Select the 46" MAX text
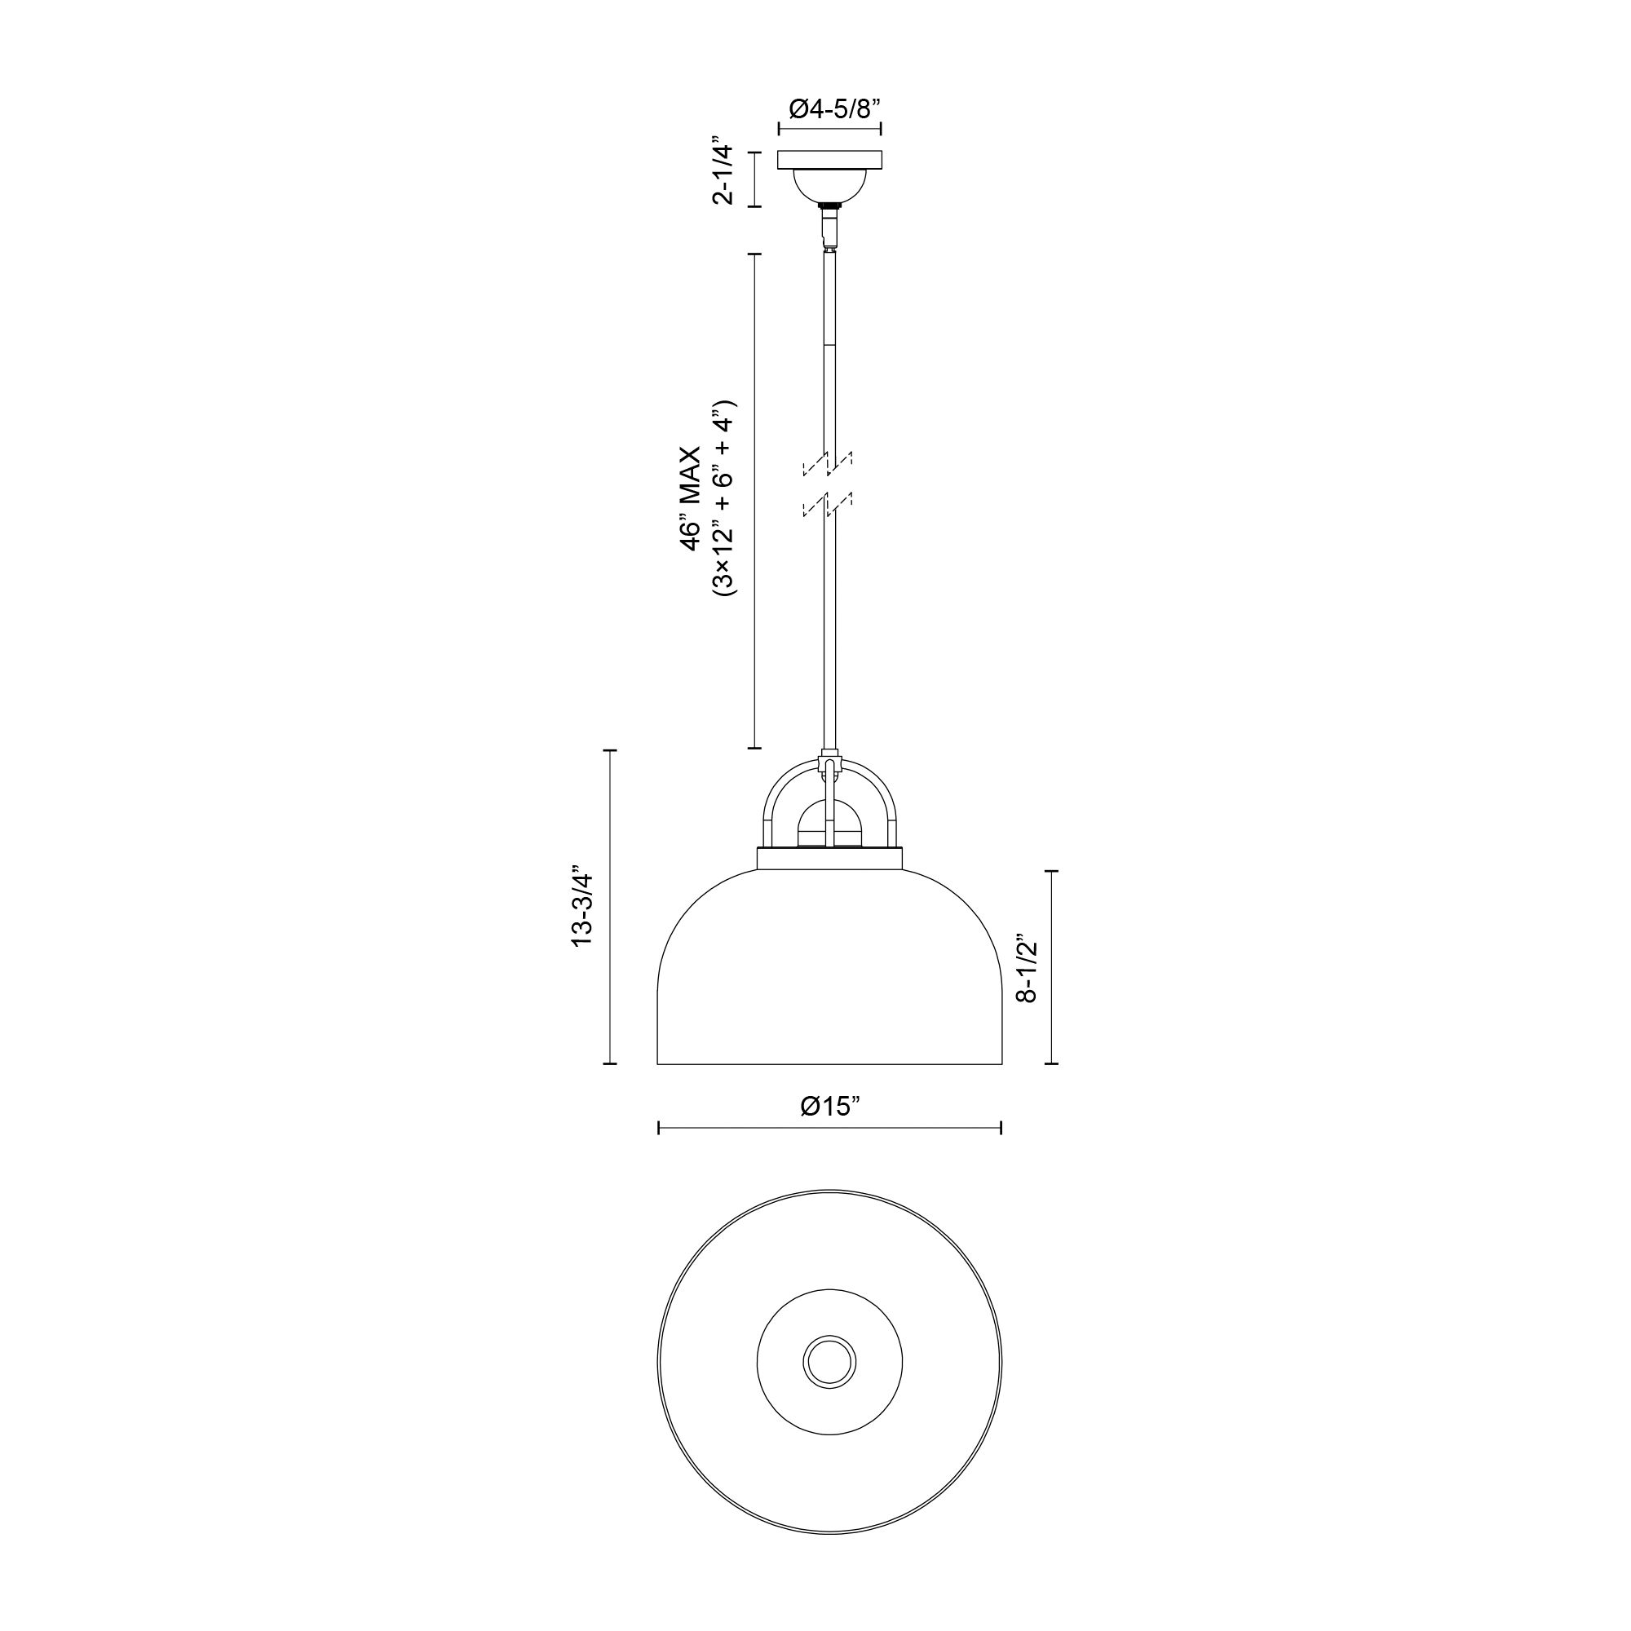tap(692, 501)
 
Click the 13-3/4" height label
tap(582, 907)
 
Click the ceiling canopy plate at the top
tap(830, 160)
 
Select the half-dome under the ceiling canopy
tap(830, 186)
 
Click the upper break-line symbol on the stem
tap(827, 463)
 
